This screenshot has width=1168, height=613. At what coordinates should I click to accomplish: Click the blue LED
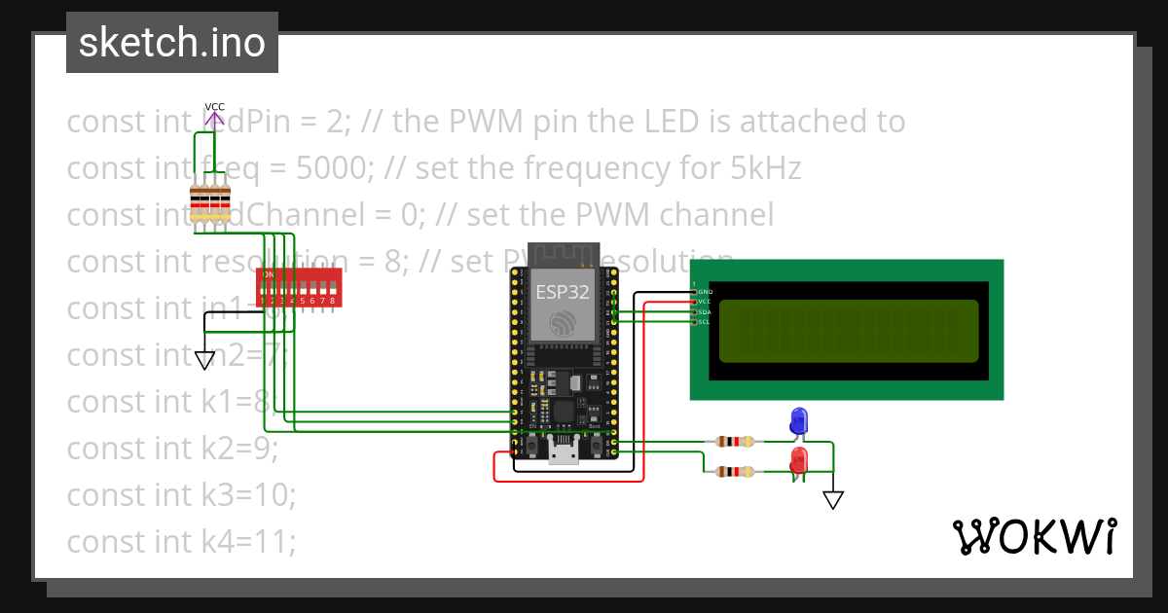pos(799,420)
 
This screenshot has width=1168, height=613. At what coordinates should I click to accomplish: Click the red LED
pos(799,458)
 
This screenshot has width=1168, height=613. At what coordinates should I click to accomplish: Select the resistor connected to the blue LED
pos(734,442)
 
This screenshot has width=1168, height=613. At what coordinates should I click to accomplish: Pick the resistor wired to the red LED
pos(734,473)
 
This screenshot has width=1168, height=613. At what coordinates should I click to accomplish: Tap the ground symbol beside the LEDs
pos(832,500)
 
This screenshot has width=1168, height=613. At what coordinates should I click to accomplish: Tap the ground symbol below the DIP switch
pos(204,360)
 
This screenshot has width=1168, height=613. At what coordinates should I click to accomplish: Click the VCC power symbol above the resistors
pos(214,115)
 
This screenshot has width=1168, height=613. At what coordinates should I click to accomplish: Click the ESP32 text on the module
pos(562,292)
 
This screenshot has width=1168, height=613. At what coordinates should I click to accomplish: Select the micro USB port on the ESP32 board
pos(563,451)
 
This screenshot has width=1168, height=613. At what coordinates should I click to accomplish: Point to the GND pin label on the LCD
pos(705,292)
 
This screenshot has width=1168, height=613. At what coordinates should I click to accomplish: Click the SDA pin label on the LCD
pos(705,311)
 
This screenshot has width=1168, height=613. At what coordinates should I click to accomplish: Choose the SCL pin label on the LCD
pos(705,321)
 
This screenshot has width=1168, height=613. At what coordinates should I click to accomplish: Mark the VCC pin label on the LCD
pos(705,302)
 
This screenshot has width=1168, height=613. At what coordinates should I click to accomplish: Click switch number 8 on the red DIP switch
pos(333,290)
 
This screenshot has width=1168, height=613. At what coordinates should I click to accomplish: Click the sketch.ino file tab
pos(172,43)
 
